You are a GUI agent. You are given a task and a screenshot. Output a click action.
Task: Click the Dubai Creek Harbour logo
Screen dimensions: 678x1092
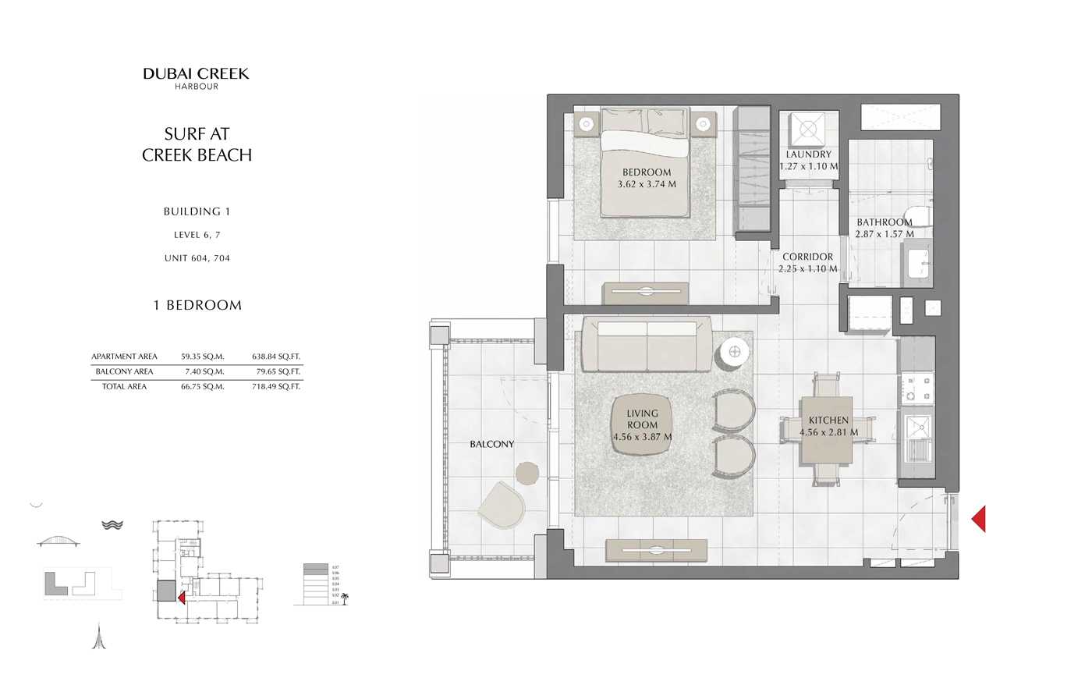(196, 77)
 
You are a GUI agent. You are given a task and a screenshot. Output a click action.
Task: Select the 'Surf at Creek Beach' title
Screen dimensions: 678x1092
(197, 144)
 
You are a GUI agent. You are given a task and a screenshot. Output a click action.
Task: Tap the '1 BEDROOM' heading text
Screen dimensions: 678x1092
(197, 305)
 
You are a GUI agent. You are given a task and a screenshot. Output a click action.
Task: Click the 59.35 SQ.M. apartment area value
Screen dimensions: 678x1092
(202, 357)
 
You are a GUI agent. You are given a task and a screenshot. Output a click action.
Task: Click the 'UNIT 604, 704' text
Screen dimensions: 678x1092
(197, 258)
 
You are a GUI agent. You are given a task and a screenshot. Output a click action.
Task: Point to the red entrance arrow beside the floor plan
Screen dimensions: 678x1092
(978, 519)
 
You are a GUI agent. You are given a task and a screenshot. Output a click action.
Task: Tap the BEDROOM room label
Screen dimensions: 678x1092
(647, 172)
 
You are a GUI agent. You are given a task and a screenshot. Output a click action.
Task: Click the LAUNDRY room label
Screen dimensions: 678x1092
(808, 154)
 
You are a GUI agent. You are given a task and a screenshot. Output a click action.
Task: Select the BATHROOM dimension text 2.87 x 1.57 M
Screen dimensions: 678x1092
(885, 234)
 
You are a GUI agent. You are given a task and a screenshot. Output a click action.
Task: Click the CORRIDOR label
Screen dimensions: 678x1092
(807, 257)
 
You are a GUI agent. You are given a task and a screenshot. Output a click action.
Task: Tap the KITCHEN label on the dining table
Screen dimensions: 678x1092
(828, 421)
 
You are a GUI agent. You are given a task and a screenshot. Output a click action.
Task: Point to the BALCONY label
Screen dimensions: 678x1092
(491, 444)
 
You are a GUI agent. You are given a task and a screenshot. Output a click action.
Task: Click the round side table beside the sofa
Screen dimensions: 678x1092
(734, 352)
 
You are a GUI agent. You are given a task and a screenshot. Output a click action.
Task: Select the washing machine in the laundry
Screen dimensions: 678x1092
(807, 128)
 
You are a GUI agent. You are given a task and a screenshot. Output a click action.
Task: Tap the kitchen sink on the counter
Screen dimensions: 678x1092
(916, 431)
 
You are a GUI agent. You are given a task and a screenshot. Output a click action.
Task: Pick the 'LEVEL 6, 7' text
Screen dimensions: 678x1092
(197, 235)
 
